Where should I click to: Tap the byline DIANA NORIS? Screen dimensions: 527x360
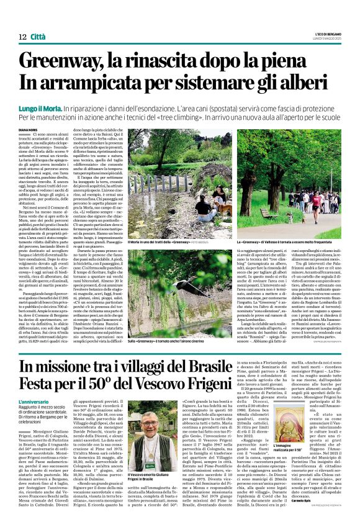click(30, 129)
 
